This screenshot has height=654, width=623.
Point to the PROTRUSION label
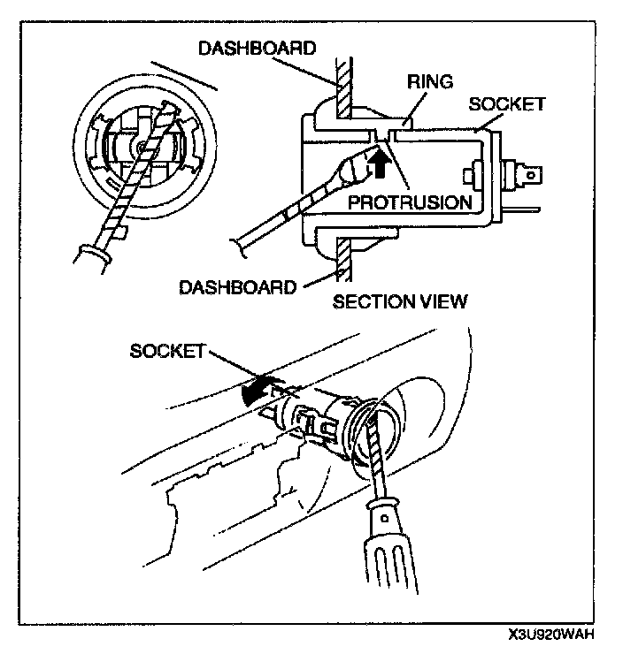coord(409,202)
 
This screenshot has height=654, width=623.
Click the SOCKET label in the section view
coord(507,104)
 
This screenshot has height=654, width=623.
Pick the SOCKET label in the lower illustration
coord(167,350)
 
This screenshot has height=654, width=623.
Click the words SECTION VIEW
coord(400,302)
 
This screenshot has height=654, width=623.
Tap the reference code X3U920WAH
coord(550,635)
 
